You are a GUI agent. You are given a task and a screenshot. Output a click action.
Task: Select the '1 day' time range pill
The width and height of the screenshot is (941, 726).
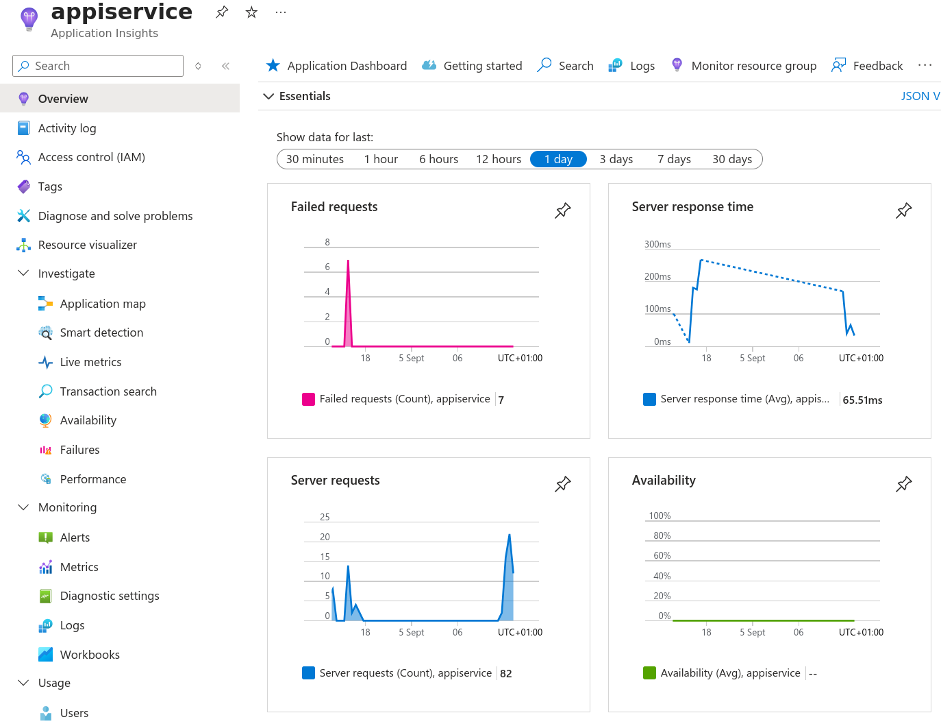[558, 159]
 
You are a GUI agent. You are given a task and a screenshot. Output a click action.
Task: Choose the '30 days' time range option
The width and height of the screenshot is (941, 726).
[731, 159]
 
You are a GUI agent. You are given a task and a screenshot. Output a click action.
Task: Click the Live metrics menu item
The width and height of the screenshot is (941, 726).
[90, 362]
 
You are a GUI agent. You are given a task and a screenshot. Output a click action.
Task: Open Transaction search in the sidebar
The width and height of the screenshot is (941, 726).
[108, 391]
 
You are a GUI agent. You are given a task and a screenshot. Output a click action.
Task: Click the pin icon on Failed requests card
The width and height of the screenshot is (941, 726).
[562, 210]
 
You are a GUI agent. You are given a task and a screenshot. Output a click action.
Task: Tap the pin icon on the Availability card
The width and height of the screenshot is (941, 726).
[903, 484]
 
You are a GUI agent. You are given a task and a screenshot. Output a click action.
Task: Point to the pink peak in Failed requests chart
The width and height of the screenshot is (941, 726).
[348, 263]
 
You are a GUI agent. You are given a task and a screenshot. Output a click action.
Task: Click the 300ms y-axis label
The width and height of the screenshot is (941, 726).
[657, 244]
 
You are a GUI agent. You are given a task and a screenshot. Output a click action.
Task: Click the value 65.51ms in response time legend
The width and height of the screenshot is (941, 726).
[862, 400]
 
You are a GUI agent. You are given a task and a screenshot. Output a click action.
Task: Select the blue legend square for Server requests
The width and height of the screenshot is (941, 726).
[308, 673]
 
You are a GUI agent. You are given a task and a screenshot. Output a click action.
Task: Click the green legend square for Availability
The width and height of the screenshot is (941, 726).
[649, 673]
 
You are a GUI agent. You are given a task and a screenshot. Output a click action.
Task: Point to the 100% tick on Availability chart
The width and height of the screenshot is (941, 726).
[660, 516]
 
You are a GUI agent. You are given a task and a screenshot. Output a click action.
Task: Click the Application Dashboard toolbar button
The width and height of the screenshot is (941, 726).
[336, 66]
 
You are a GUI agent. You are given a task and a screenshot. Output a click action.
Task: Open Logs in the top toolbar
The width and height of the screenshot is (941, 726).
[631, 66]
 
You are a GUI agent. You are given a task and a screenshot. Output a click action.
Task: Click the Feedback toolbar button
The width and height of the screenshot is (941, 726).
[867, 66]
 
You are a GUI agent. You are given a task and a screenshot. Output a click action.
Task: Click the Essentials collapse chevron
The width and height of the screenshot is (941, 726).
[268, 97]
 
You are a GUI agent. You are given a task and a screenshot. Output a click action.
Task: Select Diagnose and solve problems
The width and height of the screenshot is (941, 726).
[115, 216]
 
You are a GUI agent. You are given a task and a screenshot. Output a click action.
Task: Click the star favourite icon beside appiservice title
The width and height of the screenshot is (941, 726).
[251, 12]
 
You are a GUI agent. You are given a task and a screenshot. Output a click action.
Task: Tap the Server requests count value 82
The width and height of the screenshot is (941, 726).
[505, 674]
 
